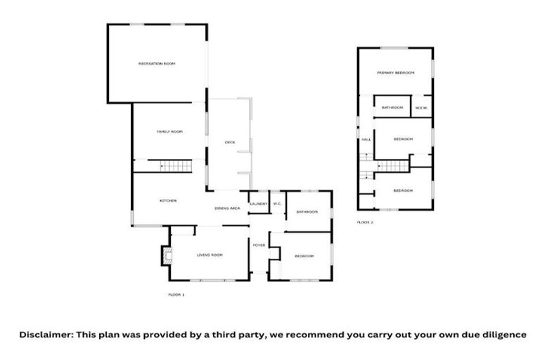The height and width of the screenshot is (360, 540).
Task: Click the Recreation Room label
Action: coord(156,64)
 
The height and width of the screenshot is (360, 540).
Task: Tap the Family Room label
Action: coord(169,131)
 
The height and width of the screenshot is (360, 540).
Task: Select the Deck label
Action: coord(230,142)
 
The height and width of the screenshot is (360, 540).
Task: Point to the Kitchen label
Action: coord(167,201)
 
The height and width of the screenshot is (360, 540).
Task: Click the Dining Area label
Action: coord(228,208)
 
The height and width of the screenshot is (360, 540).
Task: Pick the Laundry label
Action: coord(259,204)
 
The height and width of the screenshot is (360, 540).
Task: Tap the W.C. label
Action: coord(278,204)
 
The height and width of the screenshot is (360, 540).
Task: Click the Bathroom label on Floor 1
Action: coord(307,212)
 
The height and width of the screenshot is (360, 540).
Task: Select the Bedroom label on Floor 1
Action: coord(304,255)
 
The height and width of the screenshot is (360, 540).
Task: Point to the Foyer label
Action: coord(259,245)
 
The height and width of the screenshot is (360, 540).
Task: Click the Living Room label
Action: coord(209,255)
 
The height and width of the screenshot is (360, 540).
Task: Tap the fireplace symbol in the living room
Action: coord(166,255)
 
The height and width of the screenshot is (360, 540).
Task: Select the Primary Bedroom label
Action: coord(395,73)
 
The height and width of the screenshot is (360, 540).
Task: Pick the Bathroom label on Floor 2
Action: coord(392,108)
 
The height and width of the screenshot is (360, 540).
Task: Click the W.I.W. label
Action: coord(422,108)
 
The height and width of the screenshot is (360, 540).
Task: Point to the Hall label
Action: coord(366,139)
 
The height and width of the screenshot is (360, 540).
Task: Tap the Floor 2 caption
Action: coord(365,222)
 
